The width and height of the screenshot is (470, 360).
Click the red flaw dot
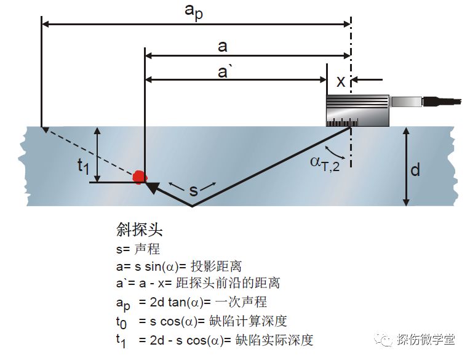pos(140,177)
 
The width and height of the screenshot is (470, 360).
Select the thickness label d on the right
pos(415,169)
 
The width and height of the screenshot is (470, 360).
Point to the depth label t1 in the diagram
pos(83,164)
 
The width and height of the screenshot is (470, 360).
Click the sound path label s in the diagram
pos(193,190)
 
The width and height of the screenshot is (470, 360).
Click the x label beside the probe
pos(340,81)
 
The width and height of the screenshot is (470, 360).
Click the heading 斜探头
pos(139,231)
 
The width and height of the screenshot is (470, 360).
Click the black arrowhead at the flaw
pos(151,186)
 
